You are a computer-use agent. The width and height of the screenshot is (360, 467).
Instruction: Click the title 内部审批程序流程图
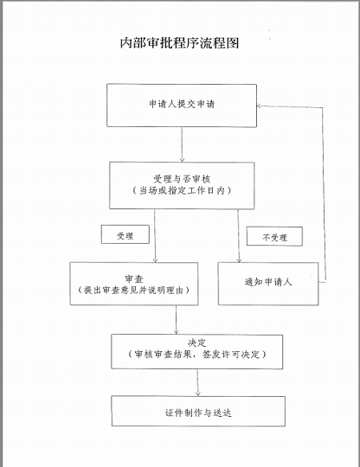[x=179, y=43]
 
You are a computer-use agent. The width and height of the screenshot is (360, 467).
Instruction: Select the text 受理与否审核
[x=182, y=179]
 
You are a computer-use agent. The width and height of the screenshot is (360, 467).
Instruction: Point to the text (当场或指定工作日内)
[x=182, y=190]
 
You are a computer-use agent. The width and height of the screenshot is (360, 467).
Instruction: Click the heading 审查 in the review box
[x=134, y=278]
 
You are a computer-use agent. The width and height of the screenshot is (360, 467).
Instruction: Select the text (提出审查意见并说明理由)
[x=134, y=290]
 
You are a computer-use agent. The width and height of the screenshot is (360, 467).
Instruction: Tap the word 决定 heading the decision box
[x=197, y=342]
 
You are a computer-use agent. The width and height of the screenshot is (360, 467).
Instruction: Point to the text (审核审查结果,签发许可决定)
[x=197, y=355]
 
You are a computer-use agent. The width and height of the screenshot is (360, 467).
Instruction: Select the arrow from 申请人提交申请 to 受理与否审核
[x=182, y=144]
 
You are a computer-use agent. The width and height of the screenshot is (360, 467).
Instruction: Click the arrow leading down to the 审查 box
[x=155, y=236]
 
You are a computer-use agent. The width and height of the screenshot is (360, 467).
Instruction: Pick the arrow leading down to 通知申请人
[x=238, y=236]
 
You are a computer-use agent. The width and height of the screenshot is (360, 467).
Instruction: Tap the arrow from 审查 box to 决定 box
[x=177, y=320]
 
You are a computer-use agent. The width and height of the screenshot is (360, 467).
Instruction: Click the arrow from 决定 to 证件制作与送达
[x=197, y=383]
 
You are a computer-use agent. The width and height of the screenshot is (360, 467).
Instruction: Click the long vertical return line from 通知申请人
[x=324, y=195]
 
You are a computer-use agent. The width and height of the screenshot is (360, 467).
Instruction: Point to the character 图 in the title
[x=233, y=43]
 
